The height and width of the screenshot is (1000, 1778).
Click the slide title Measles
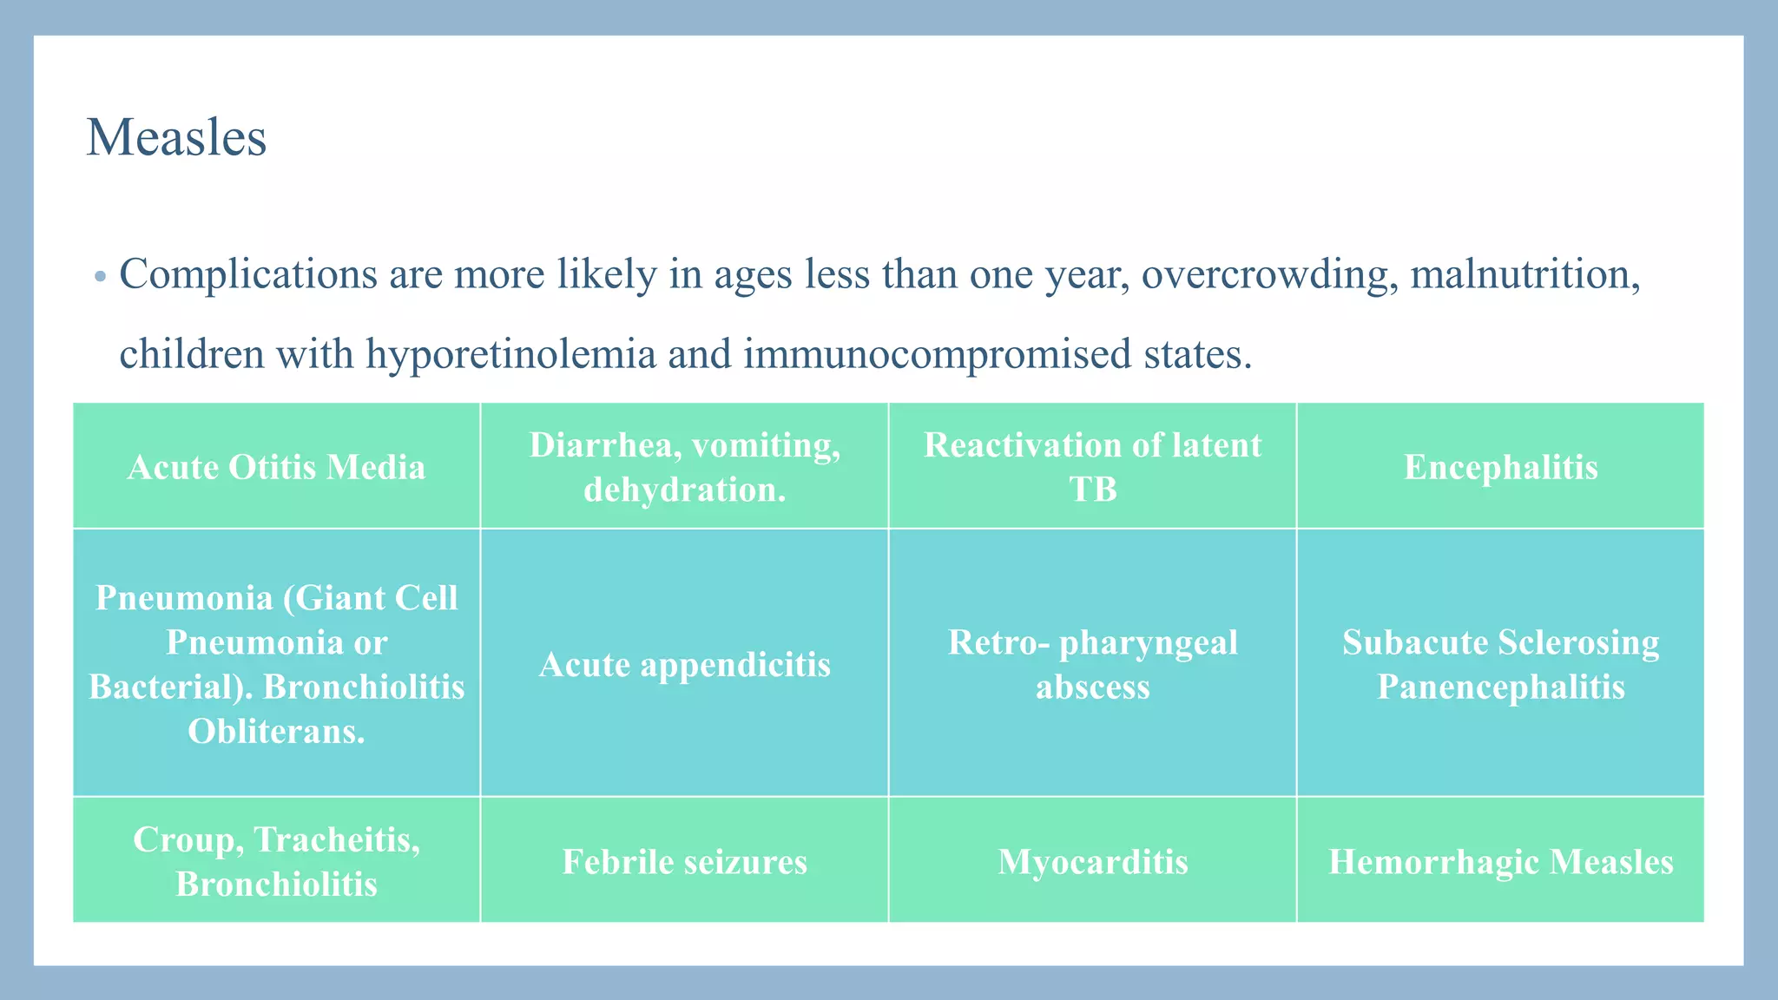(x=176, y=139)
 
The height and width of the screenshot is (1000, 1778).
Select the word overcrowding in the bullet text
(x=1268, y=275)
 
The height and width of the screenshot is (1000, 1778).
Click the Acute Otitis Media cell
(x=276, y=467)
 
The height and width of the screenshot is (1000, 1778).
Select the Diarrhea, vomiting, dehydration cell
(x=684, y=467)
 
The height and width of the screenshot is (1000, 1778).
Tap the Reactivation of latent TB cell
(x=1092, y=467)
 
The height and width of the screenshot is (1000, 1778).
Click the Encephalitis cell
(x=1500, y=467)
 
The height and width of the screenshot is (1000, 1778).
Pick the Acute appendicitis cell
(x=684, y=664)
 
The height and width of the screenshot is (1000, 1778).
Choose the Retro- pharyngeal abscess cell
(x=1092, y=664)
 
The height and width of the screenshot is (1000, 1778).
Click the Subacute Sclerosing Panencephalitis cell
(x=1500, y=664)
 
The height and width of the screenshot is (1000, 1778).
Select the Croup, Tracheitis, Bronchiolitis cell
(x=276, y=861)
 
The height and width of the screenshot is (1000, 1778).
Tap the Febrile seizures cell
(x=684, y=861)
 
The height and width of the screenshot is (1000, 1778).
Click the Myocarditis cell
(x=1092, y=861)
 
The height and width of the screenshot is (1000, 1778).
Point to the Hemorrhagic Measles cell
(x=1500, y=861)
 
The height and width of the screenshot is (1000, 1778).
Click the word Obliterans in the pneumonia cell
(x=276, y=732)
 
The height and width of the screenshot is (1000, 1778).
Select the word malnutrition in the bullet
(x=1524, y=275)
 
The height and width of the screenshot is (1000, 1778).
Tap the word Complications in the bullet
(x=247, y=275)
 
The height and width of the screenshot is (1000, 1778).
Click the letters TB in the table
(x=1092, y=490)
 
